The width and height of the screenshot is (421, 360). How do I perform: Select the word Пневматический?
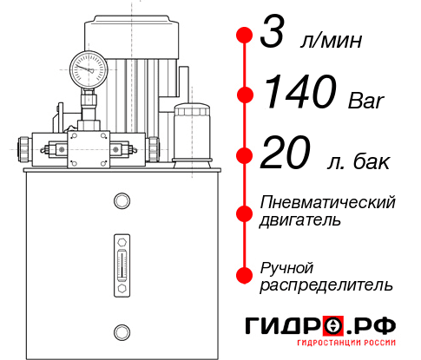(x=328, y=202)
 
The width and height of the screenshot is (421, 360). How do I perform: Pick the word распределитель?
(x=326, y=285)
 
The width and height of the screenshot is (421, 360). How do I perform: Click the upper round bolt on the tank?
(x=121, y=201)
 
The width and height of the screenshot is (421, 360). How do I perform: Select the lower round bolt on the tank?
(x=121, y=330)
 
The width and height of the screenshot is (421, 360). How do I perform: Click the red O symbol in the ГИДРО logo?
(x=333, y=326)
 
